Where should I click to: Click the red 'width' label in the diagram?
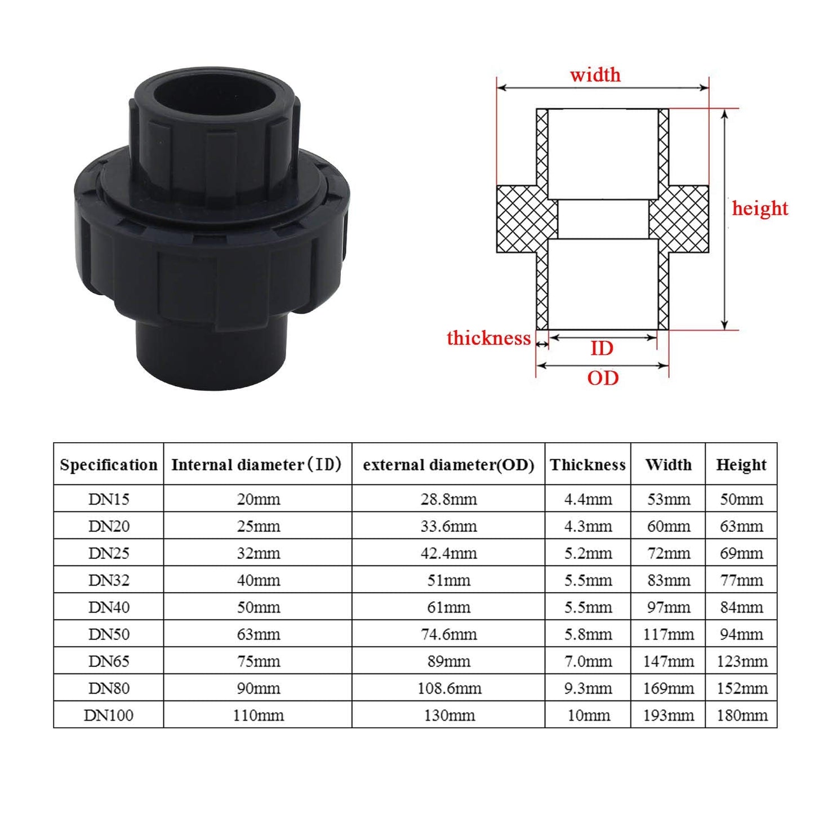coord(595,74)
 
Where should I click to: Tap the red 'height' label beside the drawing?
coord(759,208)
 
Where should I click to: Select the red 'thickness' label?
coord(488,338)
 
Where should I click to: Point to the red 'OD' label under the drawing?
coord(603,378)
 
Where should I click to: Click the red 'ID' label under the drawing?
coord(602,349)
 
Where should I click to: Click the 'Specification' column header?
coord(109,465)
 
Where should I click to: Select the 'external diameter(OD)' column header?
coord(448,465)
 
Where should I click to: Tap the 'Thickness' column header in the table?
coord(588,465)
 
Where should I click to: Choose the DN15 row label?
coord(109,499)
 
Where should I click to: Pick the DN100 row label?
coord(109,715)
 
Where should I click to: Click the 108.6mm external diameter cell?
coord(449,688)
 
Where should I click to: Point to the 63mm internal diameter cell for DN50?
coord(258,634)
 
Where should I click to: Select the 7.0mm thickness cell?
coord(588,661)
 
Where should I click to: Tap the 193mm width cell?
coord(668,715)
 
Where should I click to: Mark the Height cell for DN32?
coord(741,580)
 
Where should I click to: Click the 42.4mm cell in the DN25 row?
coord(448,553)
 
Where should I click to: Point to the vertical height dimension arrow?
coord(725,220)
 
